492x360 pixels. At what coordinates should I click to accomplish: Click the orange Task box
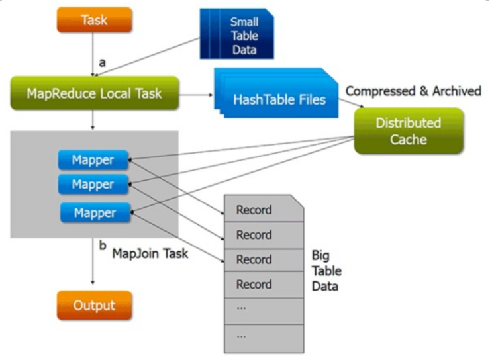[x=94, y=21]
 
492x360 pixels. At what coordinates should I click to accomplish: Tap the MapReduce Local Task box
[x=95, y=93]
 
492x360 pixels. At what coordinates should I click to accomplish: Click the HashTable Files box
[x=279, y=100]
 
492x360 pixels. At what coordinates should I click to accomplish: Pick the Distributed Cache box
[x=409, y=131]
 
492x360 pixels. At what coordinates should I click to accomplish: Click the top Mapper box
[x=93, y=160]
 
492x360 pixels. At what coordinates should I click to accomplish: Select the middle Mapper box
[x=93, y=183]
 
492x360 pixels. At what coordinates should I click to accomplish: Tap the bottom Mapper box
[x=94, y=213]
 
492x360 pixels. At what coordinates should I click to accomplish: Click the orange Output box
[x=94, y=306]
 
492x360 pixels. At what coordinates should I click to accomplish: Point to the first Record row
[x=255, y=210]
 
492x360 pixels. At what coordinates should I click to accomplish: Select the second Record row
[x=255, y=235]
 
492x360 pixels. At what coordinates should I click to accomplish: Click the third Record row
[x=255, y=259]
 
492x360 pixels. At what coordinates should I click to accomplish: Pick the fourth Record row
[x=255, y=285]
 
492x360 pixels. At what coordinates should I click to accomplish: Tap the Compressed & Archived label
[x=413, y=91]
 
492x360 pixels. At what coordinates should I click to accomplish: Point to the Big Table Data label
[x=324, y=271]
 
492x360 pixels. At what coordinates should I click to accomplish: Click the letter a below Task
[x=102, y=63]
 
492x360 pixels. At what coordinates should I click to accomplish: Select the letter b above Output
[x=102, y=246]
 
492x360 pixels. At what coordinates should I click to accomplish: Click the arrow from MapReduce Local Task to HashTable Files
[x=195, y=94]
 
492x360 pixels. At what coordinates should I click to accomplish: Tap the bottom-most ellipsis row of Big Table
[x=255, y=336]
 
